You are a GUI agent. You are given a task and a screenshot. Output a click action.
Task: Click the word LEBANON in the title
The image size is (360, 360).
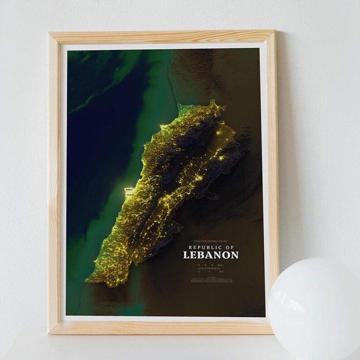coord(211,255)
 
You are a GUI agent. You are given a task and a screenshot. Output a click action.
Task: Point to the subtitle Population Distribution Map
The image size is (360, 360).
coord(210,241)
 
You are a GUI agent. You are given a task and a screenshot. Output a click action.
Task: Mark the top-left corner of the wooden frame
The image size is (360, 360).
coord(50,33)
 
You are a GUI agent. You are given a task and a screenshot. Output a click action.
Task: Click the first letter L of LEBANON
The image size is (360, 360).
coord(186,255)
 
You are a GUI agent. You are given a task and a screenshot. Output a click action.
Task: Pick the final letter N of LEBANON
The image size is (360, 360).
coord(234,255)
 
